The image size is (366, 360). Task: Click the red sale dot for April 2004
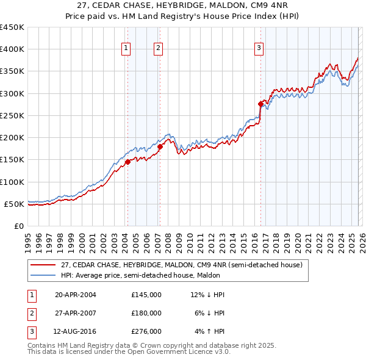(x=128, y=162)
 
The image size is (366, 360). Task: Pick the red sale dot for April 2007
(x=160, y=146)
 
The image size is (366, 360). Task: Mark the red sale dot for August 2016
(x=260, y=104)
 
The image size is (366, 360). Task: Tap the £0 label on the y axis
(x=18, y=226)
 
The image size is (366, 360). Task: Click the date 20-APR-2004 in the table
(x=76, y=295)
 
